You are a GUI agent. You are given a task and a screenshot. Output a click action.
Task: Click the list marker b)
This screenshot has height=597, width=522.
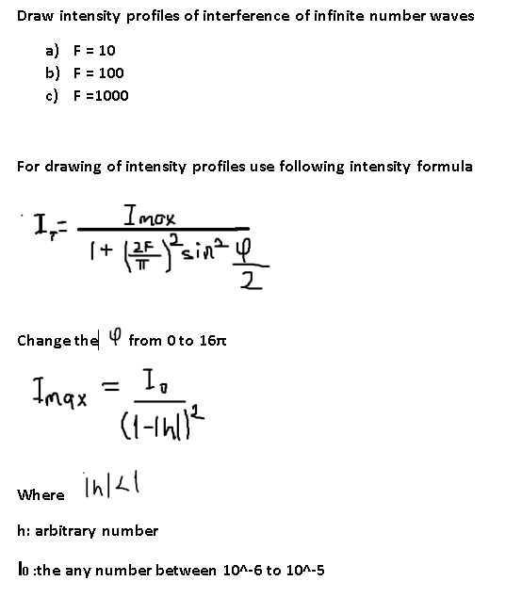[x=53, y=73]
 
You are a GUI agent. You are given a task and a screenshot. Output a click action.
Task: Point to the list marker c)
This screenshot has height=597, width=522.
[x=53, y=95]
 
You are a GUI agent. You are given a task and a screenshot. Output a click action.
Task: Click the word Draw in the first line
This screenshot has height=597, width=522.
[x=35, y=16]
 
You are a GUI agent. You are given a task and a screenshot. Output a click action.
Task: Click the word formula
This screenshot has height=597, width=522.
[x=444, y=167]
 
